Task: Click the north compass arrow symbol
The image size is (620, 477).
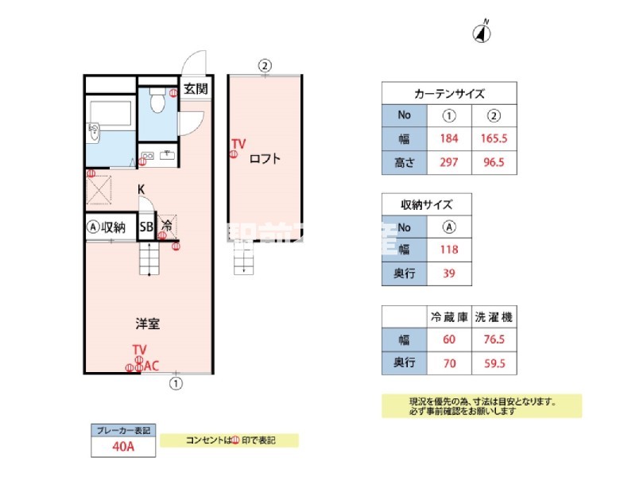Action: coord(482,33)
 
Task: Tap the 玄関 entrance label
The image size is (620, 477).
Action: coord(196,89)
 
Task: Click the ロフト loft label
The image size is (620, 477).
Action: coord(265,157)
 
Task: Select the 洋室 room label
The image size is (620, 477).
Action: coord(148,324)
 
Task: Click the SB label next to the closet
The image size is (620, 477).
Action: coord(146,227)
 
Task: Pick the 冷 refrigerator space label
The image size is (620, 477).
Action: coord(167,227)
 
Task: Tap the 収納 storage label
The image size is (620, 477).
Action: coord(114,227)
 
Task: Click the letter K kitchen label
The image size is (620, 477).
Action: coord(141,189)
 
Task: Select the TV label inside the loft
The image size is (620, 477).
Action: coord(238,144)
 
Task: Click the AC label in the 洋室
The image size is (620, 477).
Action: coord(151,366)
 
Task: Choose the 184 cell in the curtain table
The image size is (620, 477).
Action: coord(449,139)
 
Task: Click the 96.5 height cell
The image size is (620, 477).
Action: coord(494,163)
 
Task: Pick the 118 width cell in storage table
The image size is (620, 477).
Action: coord(449,250)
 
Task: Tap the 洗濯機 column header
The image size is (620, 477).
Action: coord(494,316)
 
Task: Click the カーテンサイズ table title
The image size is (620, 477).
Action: coord(449,93)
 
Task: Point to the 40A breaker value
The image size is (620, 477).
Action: coord(122,447)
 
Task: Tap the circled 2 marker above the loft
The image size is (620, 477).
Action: coord(265,65)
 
